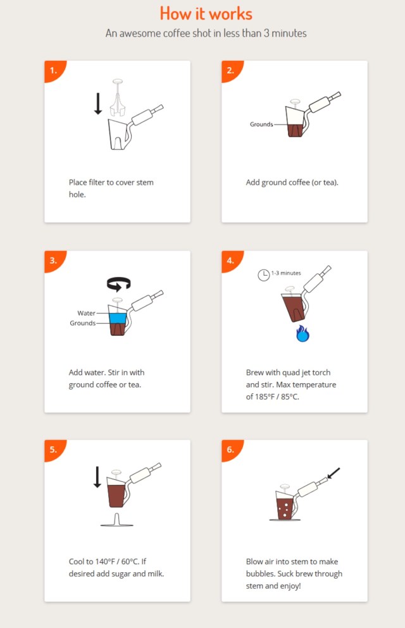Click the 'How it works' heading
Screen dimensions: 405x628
click(206, 14)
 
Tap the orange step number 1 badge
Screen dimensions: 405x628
click(54, 70)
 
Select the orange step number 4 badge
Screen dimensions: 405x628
click(231, 260)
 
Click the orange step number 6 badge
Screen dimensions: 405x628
click(231, 449)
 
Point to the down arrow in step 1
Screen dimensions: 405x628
click(97, 104)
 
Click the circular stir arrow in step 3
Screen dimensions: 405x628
click(118, 283)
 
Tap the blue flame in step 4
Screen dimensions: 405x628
click(303, 334)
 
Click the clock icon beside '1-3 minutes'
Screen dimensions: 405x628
click(263, 275)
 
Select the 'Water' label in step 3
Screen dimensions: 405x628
click(86, 313)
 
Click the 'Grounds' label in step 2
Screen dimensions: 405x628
click(261, 124)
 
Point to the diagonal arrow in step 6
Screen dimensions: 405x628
click(333, 473)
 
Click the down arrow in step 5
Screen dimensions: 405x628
click(97, 477)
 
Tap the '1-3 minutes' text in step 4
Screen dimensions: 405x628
click(286, 273)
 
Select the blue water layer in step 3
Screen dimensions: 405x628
click(118, 318)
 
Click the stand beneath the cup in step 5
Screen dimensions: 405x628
click(116, 520)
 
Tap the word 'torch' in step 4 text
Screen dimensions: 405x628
click(321, 372)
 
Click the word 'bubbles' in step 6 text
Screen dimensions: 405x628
click(261, 574)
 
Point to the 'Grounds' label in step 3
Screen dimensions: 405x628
click(82, 323)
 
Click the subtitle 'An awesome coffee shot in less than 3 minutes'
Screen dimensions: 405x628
click(206, 34)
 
